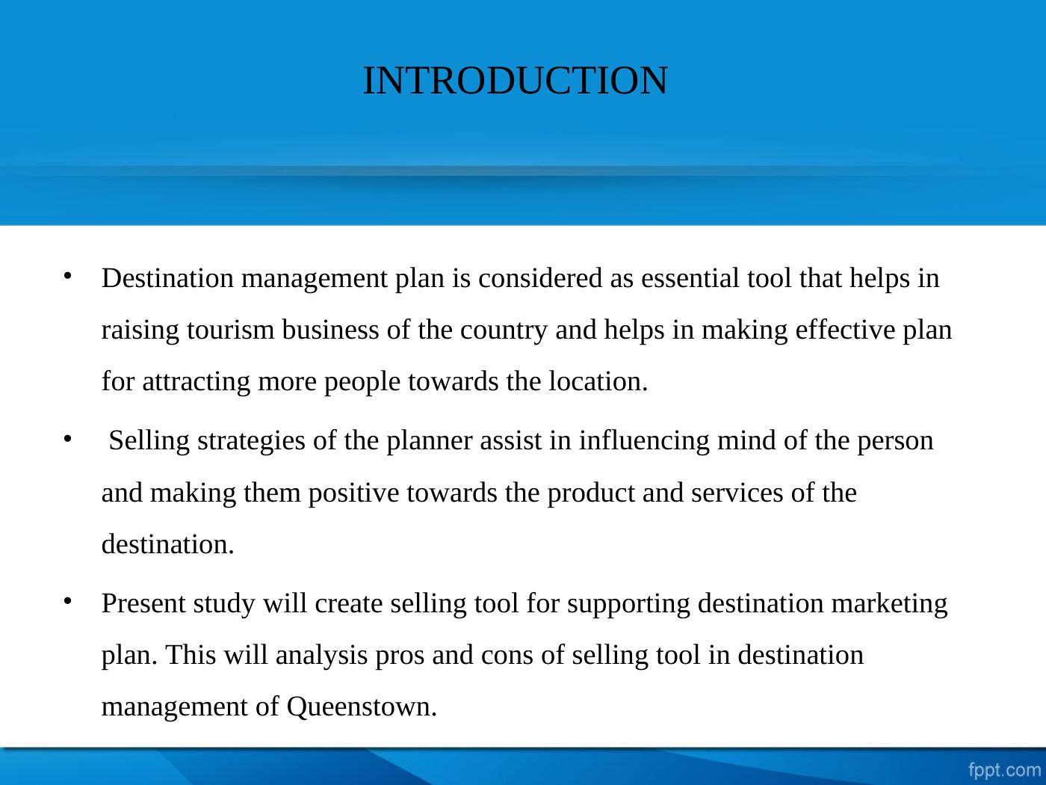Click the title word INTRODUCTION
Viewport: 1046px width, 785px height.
516,80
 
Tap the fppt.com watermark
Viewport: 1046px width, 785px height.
1005,770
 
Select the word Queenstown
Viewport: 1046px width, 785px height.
362,706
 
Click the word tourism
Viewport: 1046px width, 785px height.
231,330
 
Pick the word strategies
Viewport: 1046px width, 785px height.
251,441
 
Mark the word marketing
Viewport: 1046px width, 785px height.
889,604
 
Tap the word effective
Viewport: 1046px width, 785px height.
845,330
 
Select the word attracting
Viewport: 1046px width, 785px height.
196,382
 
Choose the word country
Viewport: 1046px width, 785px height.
504,330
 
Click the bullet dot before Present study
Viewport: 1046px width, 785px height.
68,601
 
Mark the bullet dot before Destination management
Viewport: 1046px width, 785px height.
68,275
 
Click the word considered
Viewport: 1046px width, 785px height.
540,278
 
